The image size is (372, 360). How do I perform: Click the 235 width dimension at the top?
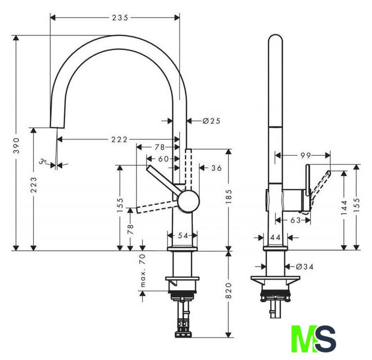click(120, 18)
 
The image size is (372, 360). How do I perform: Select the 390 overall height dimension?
click(16, 145)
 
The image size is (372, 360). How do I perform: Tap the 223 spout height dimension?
click(34, 184)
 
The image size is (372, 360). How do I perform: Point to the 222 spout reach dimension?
click(119, 139)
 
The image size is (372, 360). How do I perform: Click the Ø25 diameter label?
click(211, 121)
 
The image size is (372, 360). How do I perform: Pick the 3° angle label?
click(43, 161)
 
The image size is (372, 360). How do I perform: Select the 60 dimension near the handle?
click(164, 159)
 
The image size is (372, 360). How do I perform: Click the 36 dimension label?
click(216, 168)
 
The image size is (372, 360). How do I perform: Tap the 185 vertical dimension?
click(229, 196)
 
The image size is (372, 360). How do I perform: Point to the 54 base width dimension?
click(183, 236)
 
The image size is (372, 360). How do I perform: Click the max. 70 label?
click(143, 270)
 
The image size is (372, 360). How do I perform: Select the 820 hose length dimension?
click(229, 290)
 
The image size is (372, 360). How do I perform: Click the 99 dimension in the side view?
click(306, 156)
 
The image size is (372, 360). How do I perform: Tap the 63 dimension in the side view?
click(296, 220)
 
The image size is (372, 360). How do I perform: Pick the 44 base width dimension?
click(275, 237)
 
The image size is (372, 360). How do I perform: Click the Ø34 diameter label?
click(305, 267)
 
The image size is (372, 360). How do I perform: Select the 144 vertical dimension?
click(344, 208)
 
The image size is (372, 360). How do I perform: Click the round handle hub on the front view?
click(188, 201)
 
